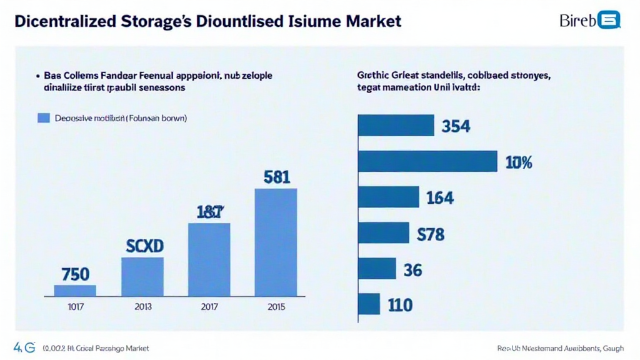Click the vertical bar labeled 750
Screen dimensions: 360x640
tap(75, 290)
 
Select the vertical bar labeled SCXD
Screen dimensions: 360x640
tap(142, 276)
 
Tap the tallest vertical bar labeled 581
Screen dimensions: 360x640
tap(276, 242)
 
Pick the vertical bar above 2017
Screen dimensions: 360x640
tap(209, 259)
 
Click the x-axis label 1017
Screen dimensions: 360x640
tap(75, 307)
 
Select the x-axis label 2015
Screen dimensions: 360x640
tap(276, 307)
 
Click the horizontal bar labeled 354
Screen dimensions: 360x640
tap(396, 125)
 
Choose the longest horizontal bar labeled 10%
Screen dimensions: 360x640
tap(427, 161)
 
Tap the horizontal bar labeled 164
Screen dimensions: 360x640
tap(388, 197)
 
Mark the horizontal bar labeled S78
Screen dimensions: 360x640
tap(383, 232)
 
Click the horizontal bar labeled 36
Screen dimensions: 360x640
tap(377, 269)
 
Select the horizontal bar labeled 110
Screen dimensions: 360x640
tap(369, 304)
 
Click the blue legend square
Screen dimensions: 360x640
tap(43, 117)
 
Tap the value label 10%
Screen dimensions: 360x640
tap(518, 163)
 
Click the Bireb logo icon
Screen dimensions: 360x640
tap(608, 21)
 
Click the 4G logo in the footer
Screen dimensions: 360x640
tap(24, 347)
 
